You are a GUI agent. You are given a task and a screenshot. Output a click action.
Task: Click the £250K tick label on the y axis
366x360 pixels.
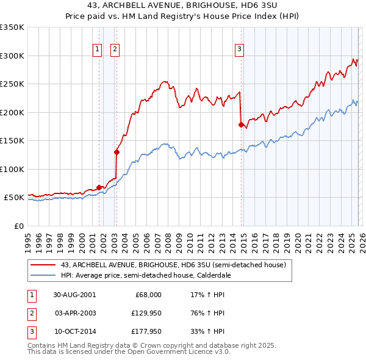pyautogui.click(x=12, y=84)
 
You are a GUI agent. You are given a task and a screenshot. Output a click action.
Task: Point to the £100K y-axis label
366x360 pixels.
pyautogui.click(x=12, y=169)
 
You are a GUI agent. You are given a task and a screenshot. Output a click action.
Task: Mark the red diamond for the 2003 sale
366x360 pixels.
pyautogui.click(x=117, y=153)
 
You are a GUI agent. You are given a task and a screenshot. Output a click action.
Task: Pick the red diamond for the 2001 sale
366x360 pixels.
pyautogui.click(x=99, y=187)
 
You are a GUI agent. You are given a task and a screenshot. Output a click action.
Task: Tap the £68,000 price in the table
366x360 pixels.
pyautogui.click(x=147, y=294)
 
